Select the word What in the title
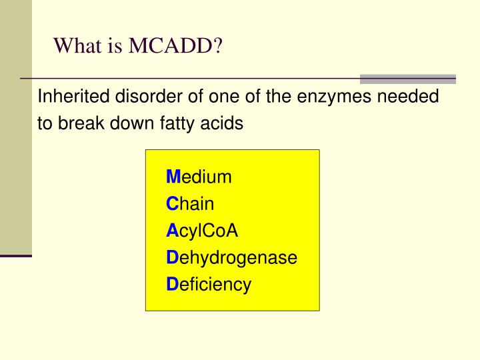74,46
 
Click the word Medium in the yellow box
199,177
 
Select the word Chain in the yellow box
191,204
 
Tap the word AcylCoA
202,231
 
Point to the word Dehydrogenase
231,258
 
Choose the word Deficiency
209,285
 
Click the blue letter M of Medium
173,177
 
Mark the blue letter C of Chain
171,204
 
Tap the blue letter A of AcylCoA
171,231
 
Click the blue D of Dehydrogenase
171,258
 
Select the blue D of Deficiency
171,285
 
